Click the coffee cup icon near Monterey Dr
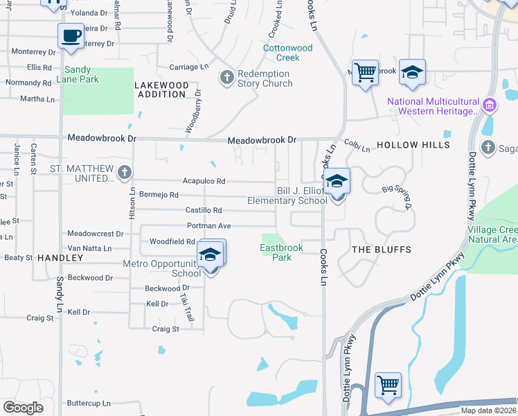pyautogui.click(x=71, y=35)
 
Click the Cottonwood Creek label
pyautogui.click(x=287, y=53)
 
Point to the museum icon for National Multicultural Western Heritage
pyautogui.click(x=490, y=105)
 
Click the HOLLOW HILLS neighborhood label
pyautogui.click(x=413, y=145)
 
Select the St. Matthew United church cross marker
pyautogui.click(x=124, y=173)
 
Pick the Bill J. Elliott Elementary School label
pyautogui.click(x=288, y=196)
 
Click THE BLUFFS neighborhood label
pyautogui.click(x=381, y=249)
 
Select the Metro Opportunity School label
pyautogui.click(x=161, y=268)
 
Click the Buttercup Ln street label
pyautogui.click(x=88, y=403)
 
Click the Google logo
pyautogui.click(x=24, y=408)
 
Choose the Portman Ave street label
pyautogui.click(x=208, y=226)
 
